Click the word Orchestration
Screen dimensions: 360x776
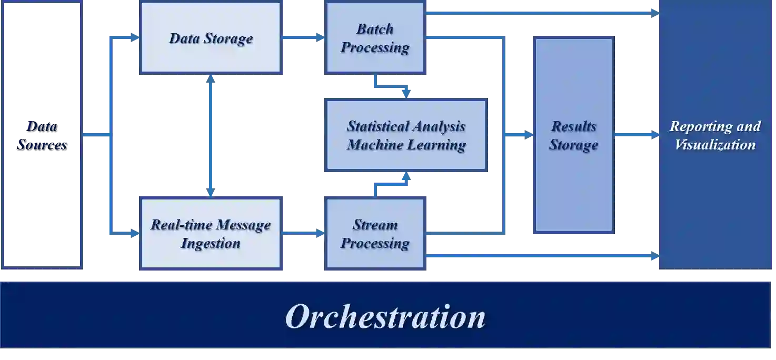tap(385, 317)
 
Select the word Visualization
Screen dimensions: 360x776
tap(715, 145)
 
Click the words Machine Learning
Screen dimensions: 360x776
tap(406, 145)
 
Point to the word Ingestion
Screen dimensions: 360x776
tap(211, 243)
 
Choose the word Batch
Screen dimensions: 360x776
tap(375, 29)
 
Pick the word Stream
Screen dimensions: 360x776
tap(375, 225)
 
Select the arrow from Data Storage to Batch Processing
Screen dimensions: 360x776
tap(303, 38)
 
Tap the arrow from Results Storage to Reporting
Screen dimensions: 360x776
tap(635, 135)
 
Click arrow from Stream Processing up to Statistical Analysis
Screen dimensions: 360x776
tap(390, 184)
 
